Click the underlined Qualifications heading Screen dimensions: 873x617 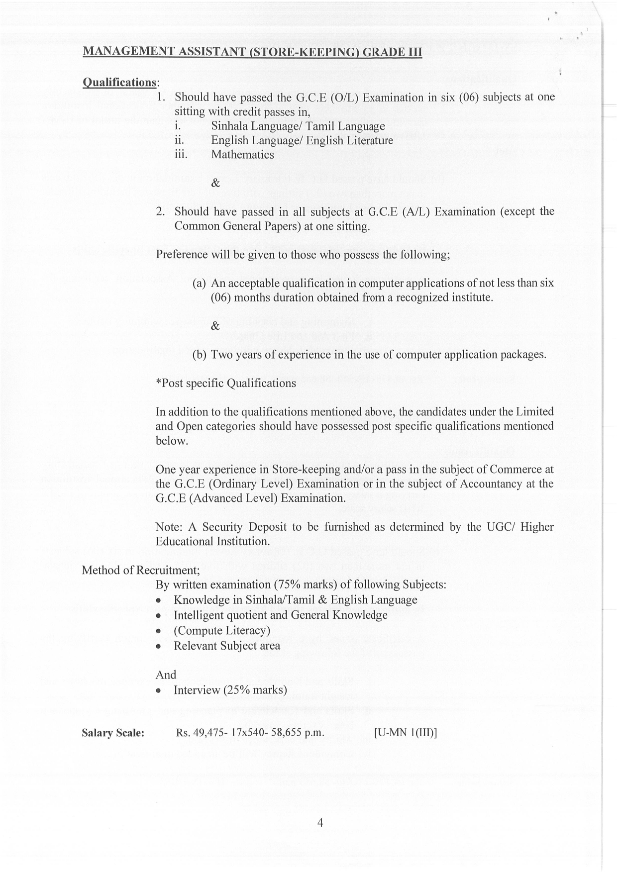[x=119, y=82]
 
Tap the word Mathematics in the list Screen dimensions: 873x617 [x=242, y=155]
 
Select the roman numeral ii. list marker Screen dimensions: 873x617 [x=180, y=140]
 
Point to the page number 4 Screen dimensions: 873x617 [x=320, y=823]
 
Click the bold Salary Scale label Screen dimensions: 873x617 [x=113, y=733]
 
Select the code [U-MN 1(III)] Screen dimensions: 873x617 [x=405, y=733]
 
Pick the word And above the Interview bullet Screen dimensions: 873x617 [x=166, y=675]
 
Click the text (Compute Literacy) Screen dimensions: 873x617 [x=222, y=631]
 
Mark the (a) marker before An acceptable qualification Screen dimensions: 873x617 [x=199, y=284]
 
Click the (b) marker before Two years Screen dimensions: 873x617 [x=200, y=355]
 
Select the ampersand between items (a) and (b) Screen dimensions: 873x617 [x=215, y=326]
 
